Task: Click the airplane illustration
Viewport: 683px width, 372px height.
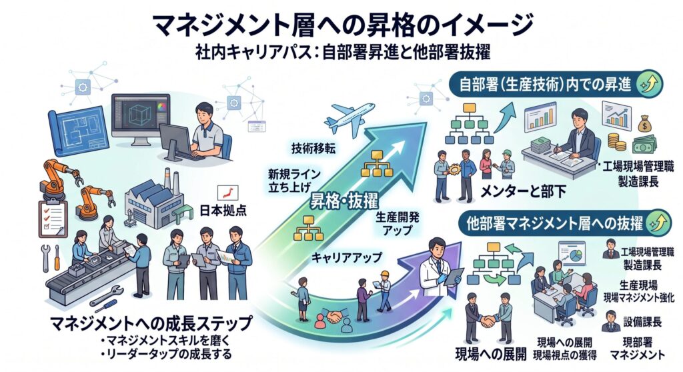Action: click(x=351, y=117)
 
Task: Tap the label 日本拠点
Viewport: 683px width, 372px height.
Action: click(x=223, y=211)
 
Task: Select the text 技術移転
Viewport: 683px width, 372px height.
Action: click(x=313, y=148)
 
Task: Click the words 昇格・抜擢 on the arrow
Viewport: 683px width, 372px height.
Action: click(x=344, y=201)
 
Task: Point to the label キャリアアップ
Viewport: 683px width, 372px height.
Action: click(x=346, y=257)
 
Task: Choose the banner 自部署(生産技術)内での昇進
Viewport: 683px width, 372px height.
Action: click(x=556, y=84)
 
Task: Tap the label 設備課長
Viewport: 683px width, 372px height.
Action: click(x=642, y=322)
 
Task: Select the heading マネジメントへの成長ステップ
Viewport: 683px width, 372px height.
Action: click(x=151, y=323)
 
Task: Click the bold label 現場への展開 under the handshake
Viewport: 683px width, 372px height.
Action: click(x=490, y=354)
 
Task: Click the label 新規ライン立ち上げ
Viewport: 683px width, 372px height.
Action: click(x=294, y=181)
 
